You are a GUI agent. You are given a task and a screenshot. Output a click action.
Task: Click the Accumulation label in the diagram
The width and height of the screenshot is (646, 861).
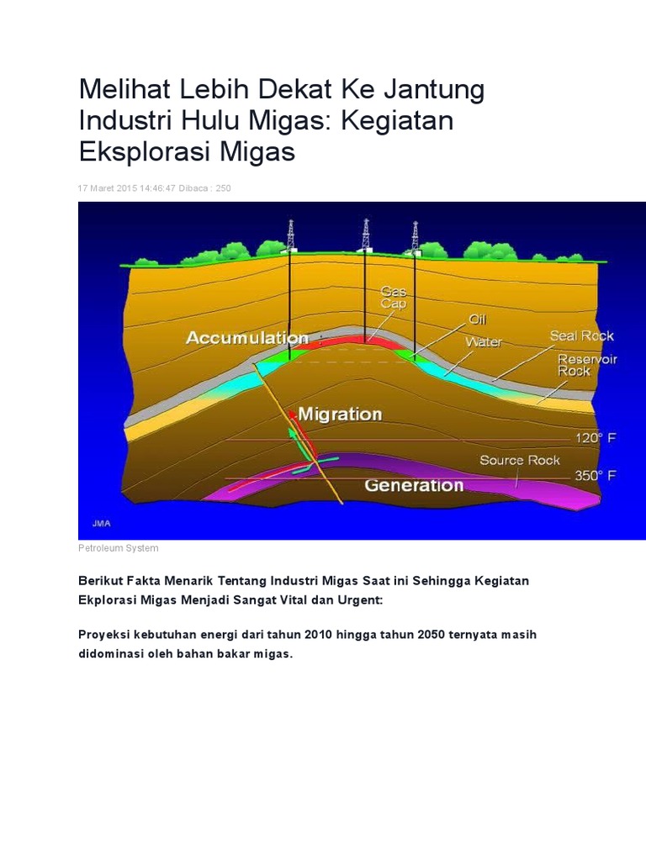246,338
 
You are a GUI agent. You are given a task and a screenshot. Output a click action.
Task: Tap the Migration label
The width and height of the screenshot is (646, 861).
340,414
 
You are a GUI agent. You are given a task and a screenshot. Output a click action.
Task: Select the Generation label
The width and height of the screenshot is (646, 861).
413,485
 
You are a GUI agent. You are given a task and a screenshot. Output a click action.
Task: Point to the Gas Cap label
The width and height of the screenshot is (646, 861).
393,297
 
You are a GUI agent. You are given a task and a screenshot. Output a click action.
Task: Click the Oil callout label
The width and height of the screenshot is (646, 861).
477,320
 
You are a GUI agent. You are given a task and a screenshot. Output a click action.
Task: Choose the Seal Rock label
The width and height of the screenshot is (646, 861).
581,335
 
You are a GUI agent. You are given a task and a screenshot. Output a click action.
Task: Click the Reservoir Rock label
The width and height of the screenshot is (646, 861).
587,365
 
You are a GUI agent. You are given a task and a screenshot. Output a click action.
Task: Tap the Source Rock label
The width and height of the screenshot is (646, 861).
519,460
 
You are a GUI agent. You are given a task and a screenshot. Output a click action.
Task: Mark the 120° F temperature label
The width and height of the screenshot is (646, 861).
596,438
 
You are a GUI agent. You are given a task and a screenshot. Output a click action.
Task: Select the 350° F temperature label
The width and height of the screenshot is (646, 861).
596,476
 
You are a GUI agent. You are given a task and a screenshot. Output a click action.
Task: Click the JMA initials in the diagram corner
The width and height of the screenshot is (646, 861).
92,523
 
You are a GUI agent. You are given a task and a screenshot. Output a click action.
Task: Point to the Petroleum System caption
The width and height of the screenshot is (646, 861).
118,548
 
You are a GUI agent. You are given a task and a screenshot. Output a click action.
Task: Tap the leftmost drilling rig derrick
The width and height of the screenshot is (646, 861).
290,236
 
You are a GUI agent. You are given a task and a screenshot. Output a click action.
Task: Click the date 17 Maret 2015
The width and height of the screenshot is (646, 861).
108,188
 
